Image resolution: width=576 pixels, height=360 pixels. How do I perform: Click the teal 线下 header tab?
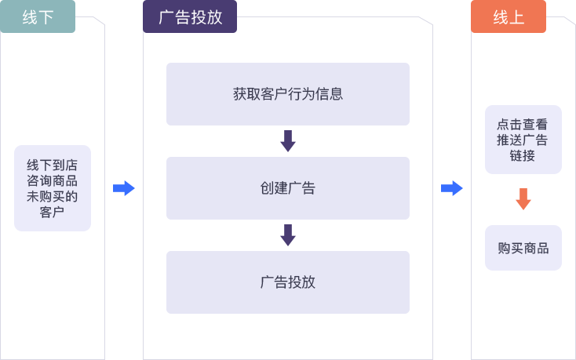coord(38,16)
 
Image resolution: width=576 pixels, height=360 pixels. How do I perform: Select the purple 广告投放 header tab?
coord(190,16)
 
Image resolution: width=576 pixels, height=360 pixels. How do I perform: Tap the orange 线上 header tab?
coord(509,16)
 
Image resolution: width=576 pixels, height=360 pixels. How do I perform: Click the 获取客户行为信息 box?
coord(287,94)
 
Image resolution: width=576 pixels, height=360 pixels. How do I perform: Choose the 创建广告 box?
coord(287,188)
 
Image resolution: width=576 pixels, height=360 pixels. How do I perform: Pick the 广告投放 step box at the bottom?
coord(287,282)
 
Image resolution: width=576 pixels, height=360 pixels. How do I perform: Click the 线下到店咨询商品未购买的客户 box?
coord(53,188)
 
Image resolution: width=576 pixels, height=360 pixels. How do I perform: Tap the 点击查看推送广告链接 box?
coord(523,140)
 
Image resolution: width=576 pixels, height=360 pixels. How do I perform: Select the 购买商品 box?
coord(523,248)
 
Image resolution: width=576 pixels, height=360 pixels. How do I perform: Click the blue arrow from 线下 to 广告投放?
coord(124,188)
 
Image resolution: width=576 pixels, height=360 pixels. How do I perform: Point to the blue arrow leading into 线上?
coord(452,188)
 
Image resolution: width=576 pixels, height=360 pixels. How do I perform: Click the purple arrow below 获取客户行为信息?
coord(288,141)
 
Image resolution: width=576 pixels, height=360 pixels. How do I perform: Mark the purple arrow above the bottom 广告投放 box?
coord(288,235)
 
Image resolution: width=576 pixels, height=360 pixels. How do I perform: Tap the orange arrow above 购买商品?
coord(523,199)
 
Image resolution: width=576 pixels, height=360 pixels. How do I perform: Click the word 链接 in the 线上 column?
coord(523,155)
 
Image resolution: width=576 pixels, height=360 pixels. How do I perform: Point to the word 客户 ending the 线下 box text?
coord(53,212)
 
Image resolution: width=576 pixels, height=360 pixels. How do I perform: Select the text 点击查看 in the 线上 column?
coord(523,124)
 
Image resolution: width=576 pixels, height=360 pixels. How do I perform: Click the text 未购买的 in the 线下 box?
coord(53,196)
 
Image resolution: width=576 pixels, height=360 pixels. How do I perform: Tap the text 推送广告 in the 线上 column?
coord(523,140)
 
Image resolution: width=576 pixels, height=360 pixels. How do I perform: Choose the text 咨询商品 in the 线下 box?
coord(53,180)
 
